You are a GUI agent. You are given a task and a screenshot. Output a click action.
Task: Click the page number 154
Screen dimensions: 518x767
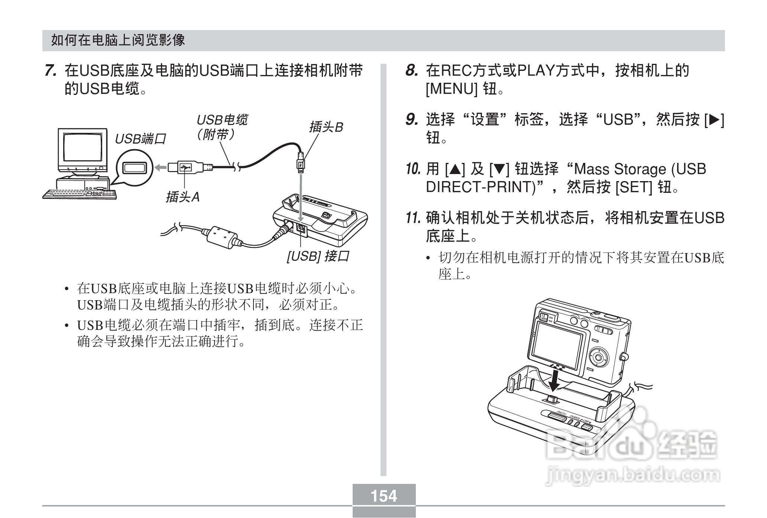384,496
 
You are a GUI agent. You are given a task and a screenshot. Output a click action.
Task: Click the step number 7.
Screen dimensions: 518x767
51,71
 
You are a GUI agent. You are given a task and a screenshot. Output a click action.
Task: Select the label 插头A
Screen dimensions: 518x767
182,197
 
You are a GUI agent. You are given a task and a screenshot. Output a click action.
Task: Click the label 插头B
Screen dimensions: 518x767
326,127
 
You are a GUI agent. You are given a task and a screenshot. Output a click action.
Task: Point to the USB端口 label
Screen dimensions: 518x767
140,139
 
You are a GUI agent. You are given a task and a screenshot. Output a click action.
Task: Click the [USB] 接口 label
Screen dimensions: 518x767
318,256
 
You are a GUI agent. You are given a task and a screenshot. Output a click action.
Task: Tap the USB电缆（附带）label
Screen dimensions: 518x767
221,127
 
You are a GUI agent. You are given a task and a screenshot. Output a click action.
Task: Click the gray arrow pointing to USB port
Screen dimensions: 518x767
161,168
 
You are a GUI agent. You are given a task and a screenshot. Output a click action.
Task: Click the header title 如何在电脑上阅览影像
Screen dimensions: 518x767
118,40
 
